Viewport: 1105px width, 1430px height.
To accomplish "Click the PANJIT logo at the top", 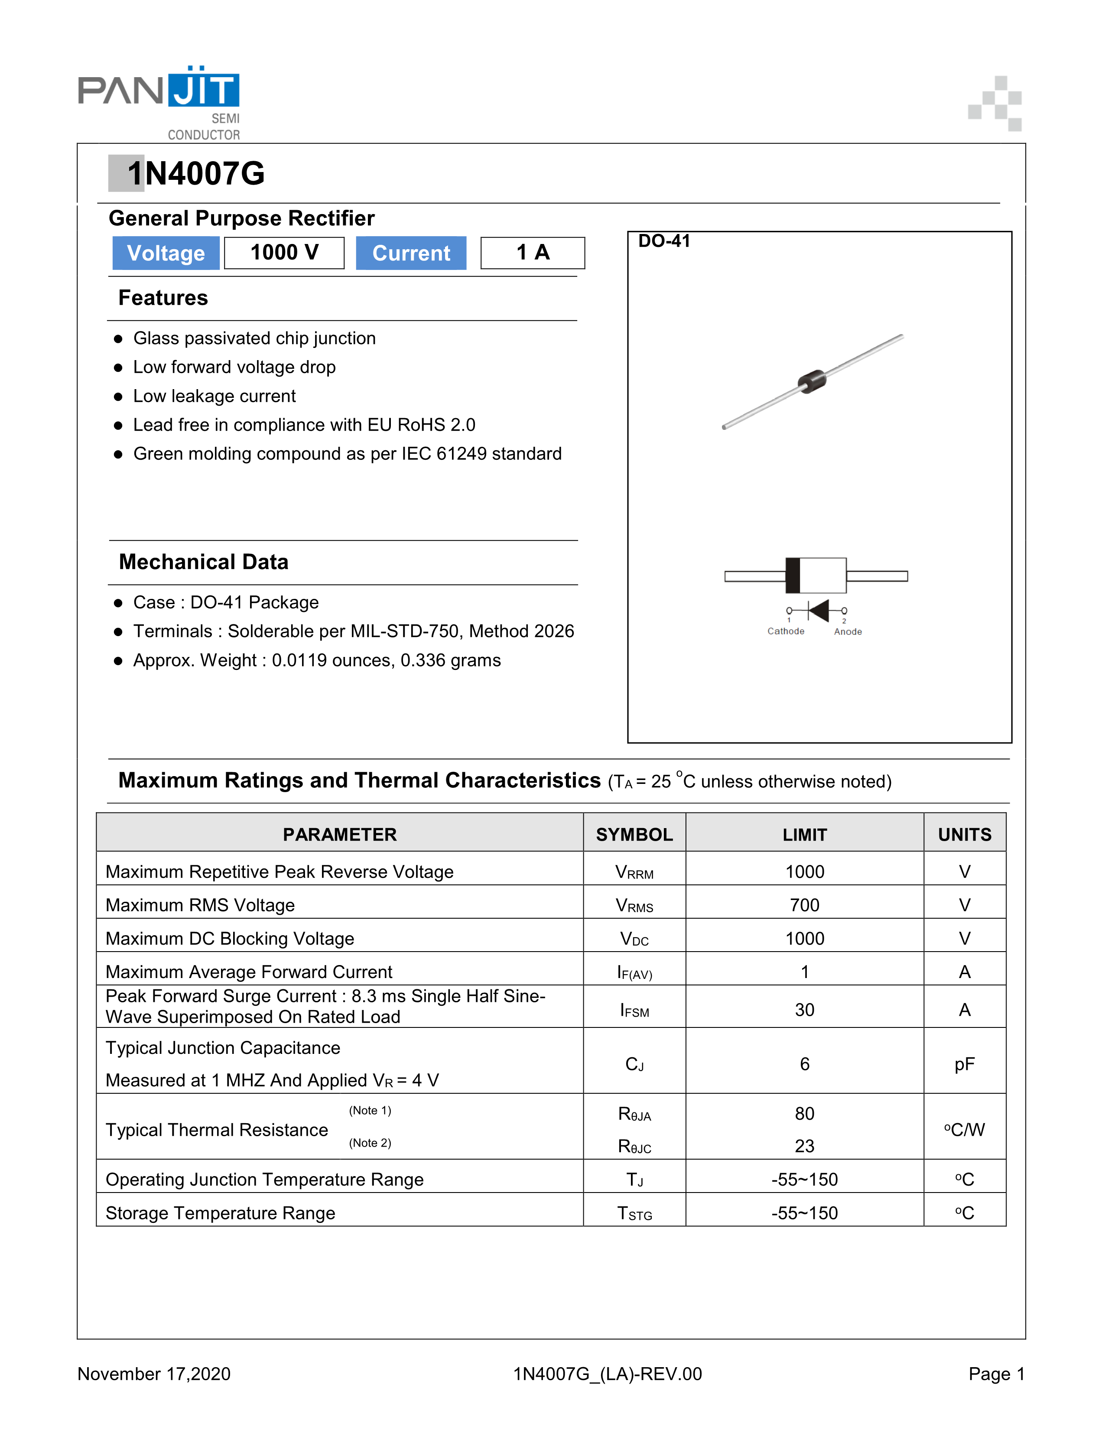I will (x=159, y=92).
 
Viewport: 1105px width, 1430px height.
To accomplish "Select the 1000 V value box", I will (x=284, y=253).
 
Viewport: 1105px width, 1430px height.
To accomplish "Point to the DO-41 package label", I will (x=664, y=241).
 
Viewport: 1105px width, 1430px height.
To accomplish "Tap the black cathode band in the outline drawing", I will (x=793, y=575).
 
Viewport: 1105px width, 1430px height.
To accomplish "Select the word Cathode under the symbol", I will (x=786, y=631).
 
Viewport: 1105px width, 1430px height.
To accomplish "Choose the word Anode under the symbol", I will (x=848, y=632).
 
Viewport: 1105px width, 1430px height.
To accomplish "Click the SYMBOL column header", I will (x=634, y=834).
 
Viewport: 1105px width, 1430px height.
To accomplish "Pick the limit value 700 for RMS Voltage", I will (x=805, y=905).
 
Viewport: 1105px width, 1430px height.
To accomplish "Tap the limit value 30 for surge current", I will (x=805, y=1010).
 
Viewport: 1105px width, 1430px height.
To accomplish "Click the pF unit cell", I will (x=964, y=1064).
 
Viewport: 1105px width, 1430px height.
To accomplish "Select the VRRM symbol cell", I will (x=634, y=872).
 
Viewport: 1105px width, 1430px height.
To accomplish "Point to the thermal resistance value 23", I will (x=805, y=1146).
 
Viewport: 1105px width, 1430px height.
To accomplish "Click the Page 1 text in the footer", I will (x=996, y=1374).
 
